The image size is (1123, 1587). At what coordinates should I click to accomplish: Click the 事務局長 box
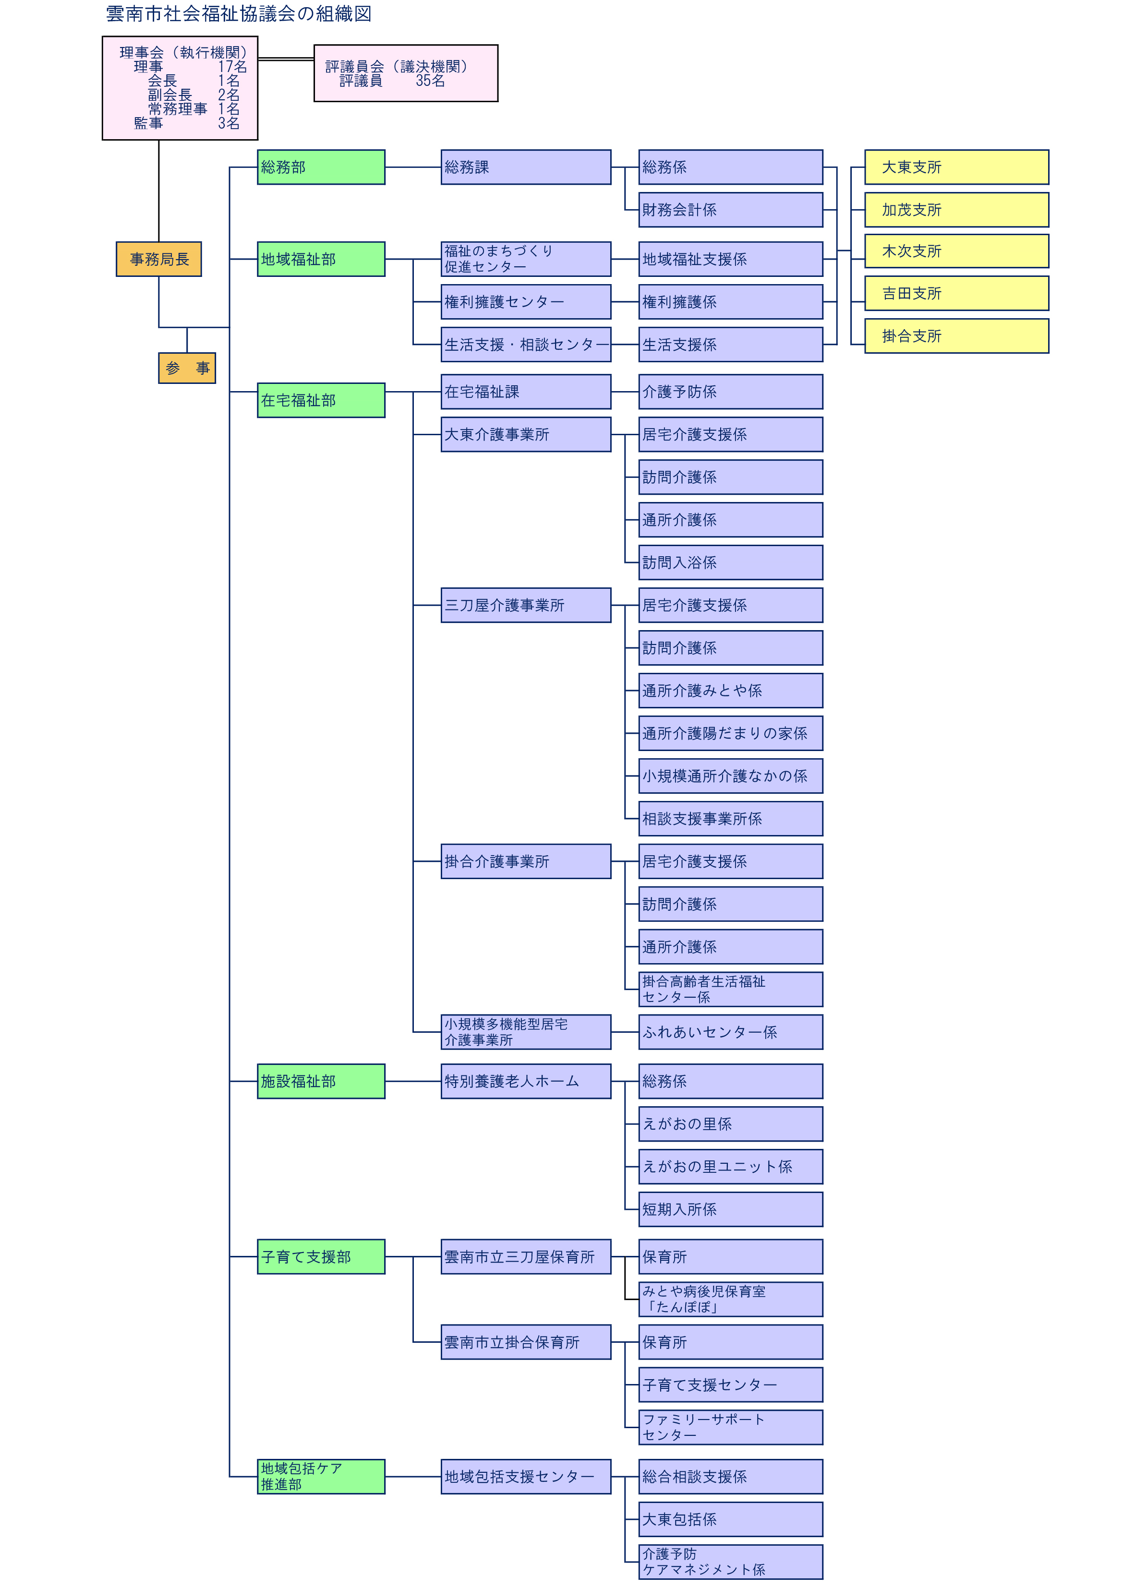(x=158, y=259)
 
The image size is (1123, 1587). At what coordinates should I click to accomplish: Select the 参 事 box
(x=187, y=368)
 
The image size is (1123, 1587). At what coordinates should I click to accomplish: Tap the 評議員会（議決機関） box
(x=405, y=73)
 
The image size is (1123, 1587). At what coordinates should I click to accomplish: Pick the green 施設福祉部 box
(x=321, y=1081)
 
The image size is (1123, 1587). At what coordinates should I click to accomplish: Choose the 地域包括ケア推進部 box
(x=321, y=1477)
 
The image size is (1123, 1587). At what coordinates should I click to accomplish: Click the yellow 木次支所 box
(x=956, y=251)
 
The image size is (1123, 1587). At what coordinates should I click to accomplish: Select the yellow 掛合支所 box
(x=956, y=336)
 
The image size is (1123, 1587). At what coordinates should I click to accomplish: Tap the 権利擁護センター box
(x=526, y=302)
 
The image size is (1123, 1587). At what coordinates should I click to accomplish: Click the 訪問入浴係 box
(x=730, y=562)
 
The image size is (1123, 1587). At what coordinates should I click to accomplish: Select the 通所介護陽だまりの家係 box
(x=730, y=733)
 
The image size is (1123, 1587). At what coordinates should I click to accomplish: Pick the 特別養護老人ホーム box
(x=526, y=1081)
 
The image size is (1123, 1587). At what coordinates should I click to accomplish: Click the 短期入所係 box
(x=730, y=1209)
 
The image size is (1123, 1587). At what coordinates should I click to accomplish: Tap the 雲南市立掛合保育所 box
(x=526, y=1342)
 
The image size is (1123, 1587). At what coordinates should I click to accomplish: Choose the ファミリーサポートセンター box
(x=730, y=1427)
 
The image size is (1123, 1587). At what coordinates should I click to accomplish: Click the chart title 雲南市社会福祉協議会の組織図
(x=239, y=14)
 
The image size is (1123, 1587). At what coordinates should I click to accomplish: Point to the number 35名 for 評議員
(x=430, y=81)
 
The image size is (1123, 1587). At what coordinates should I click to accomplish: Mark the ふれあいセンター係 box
(x=730, y=1032)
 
